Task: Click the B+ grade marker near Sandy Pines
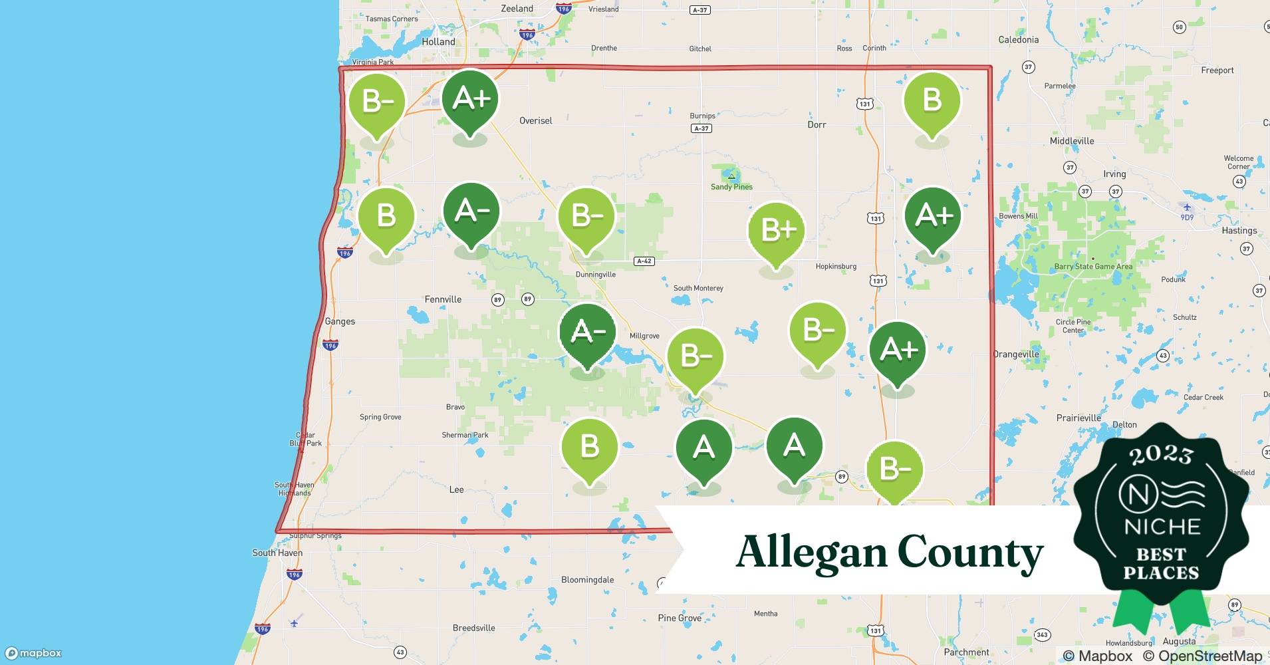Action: (776, 231)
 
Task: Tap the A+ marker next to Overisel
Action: (471, 99)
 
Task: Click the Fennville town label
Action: (443, 299)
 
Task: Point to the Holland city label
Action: (438, 41)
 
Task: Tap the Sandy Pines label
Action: (731, 187)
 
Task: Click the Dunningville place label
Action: (595, 275)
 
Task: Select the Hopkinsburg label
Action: (836, 267)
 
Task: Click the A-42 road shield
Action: (644, 261)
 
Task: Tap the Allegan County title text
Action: (889, 553)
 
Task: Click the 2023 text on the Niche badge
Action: (1160, 454)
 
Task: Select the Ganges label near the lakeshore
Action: (340, 321)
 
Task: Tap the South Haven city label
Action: (277, 553)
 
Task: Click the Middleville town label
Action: (1071, 141)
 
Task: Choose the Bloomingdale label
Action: (587, 580)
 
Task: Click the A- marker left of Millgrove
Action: (588, 332)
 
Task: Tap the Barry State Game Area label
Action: (1092, 267)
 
